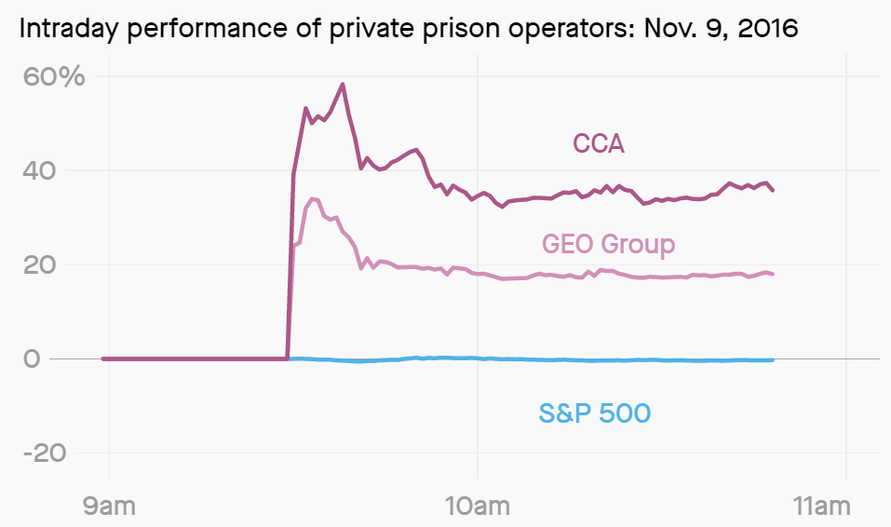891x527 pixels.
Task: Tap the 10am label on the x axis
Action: (477, 507)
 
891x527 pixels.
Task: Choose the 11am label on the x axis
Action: (823, 507)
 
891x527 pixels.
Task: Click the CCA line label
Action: (598, 143)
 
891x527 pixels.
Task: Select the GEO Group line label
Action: (608, 244)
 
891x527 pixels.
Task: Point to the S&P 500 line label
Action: (594, 412)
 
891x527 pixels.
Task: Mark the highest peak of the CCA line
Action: (343, 84)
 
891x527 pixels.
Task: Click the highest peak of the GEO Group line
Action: (313, 198)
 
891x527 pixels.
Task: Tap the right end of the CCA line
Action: (773, 190)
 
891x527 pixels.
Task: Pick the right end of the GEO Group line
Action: (773, 274)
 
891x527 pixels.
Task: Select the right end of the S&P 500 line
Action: (773, 360)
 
